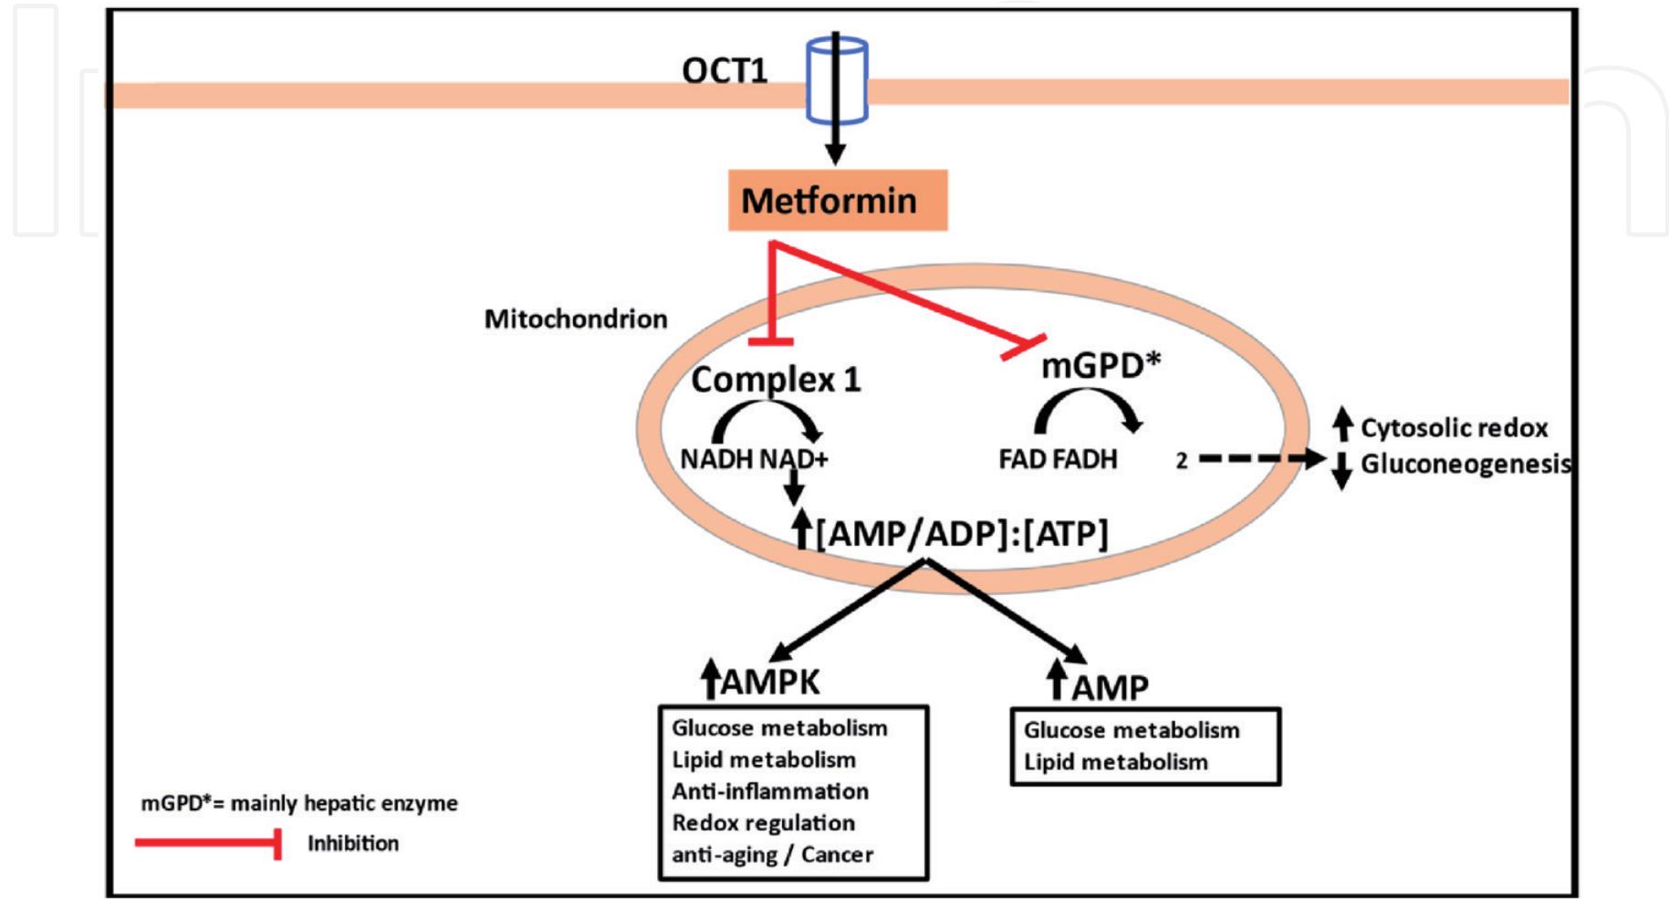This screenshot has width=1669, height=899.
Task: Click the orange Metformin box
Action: tap(837, 200)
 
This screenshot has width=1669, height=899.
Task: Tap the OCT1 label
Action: tap(725, 71)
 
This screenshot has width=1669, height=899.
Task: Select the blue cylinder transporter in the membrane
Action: tap(836, 80)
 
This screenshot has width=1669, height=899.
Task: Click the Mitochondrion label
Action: tap(575, 319)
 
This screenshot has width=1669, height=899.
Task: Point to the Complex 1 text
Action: tap(776, 379)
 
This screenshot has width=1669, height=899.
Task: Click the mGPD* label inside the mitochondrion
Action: tap(1100, 365)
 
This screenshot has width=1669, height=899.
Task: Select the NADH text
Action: tap(716, 459)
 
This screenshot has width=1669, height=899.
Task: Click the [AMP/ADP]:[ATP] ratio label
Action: tap(961, 533)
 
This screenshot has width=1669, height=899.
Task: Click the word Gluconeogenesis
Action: tap(1466, 465)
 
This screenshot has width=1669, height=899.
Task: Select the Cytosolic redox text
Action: tap(1454, 428)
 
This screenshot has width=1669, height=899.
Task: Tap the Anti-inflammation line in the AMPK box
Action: tap(770, 791)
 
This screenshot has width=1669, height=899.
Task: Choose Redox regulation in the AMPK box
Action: tap(763, 823)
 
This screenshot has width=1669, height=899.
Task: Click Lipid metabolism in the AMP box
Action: tap(1115, 762)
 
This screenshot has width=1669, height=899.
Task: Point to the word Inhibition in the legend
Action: tap(352, 843)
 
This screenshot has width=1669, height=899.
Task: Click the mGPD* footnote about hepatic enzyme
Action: tap(298, 804)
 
